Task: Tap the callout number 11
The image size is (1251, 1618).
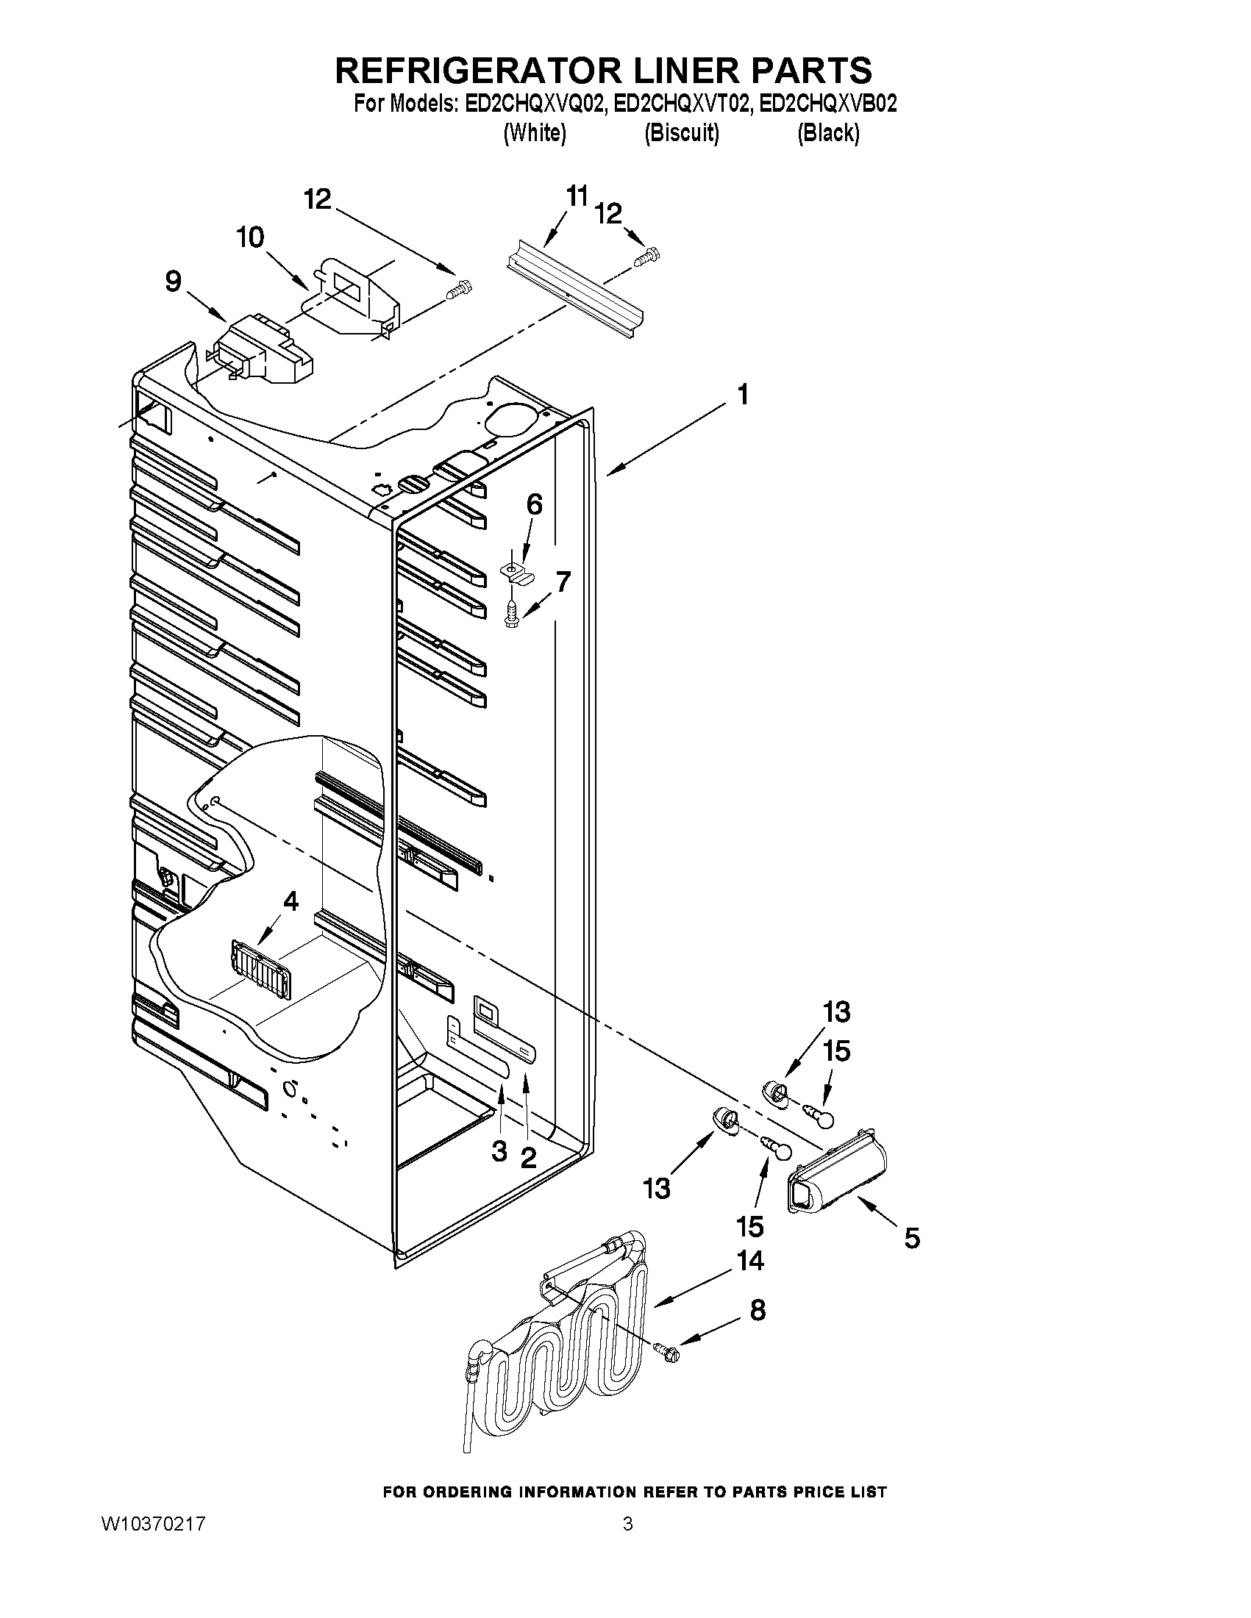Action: click(x=577, y=197)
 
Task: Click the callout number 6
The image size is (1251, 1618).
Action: click(x=534, y=504)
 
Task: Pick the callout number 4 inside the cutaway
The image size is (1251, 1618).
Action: click(x=291, y=901)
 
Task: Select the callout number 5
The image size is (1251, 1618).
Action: click(x=911, y=1237)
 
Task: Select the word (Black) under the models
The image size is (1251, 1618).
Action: click(x=828, y=133)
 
